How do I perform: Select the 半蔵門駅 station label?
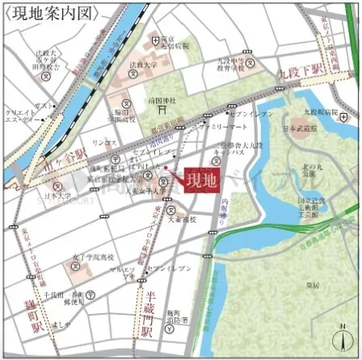pos(146,311)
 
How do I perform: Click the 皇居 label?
pos(311,285)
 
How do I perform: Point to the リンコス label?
pos(105,141)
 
